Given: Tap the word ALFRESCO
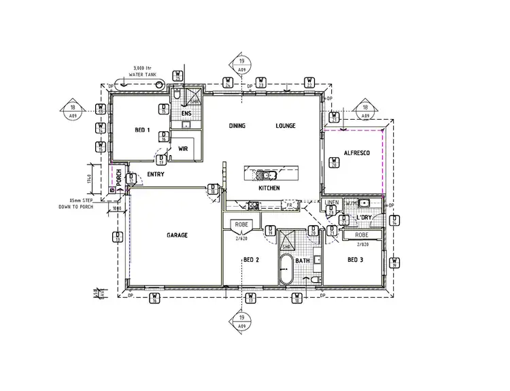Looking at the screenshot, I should pos(356,154).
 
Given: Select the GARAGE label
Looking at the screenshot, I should pos(177,235).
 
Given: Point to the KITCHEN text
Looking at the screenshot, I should pos(269,188).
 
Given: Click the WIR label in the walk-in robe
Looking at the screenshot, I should pos(183,148).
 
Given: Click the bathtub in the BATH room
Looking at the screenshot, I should pos(285,271).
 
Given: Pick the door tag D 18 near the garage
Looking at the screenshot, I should pos(213,190).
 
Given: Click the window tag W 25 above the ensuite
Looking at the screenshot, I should pos(177,76).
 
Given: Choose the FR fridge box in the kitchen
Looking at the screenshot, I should pos(289,205).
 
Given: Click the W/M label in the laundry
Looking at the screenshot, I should pos(350,203).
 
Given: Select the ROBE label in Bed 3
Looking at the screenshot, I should pos(362,235).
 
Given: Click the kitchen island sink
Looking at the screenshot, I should pos(262,173).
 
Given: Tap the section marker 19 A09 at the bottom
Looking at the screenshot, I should pos(242,321).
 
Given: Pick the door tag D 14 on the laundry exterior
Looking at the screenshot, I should pos(394,218).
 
